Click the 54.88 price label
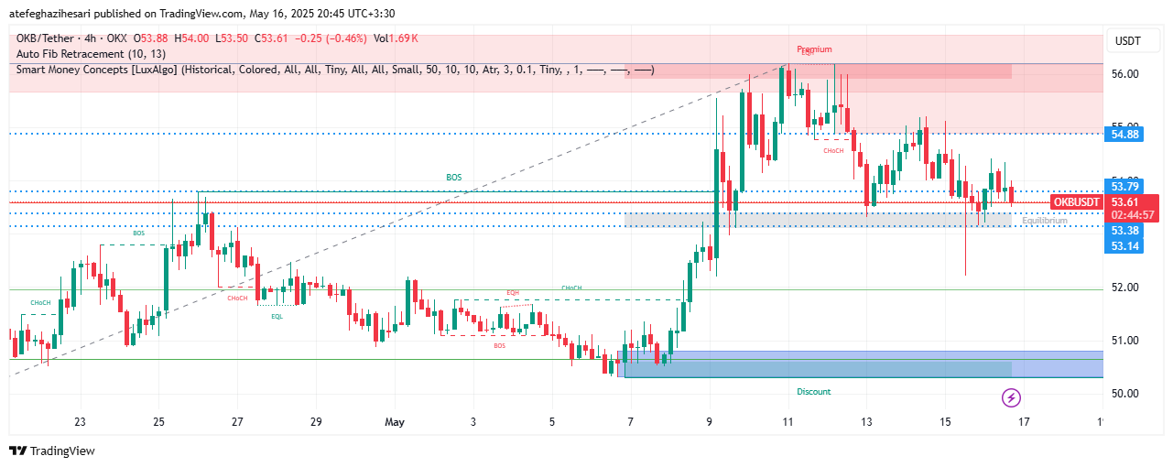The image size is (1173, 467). pos(1124,135)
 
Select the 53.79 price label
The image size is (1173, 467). pos(1124,187)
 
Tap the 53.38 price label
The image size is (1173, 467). pos(1124,231)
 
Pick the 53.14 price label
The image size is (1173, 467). pos(1124,246)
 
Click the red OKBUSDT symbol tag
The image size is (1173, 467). pos(1076,201)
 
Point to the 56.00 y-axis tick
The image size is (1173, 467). pos(1124,73)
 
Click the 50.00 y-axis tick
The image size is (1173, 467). pos(1124,394)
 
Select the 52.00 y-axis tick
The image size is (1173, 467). pos(1124,288)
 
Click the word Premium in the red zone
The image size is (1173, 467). pos(814,49)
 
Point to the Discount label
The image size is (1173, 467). pos(813,392)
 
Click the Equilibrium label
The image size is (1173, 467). pos(1045,221)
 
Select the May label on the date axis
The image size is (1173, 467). pos(395,422)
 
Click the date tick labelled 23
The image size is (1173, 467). pos(81,422)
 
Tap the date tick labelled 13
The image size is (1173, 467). pos(866,422)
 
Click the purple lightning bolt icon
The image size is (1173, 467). pos(1012,397)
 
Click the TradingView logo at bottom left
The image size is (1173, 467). pos(52,451)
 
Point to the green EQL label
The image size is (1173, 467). pos(277,316)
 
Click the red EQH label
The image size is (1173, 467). pos(513,292)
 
